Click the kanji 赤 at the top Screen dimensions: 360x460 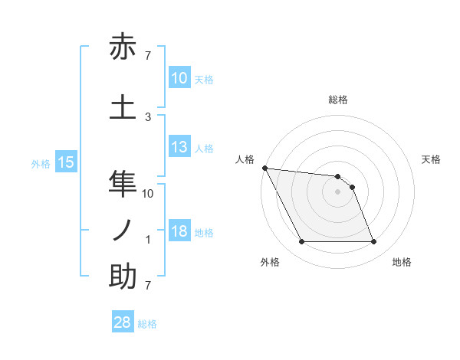click(123, 48)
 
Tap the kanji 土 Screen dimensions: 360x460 click(123, 105)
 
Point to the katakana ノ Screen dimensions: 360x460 click(123, 230)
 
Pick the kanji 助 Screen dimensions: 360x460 click(123, 277)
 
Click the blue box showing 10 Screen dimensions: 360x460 click(179, 77)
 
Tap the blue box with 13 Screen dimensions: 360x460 click(179, 148)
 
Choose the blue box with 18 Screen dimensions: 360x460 click(179, 232)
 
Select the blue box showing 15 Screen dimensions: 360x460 click(66, 162)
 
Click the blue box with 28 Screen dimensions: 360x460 click(123, 323)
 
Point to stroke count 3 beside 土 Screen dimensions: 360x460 click(148, 116)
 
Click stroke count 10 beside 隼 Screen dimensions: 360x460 click(148, 194)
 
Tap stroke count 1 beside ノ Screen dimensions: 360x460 click(148, 240)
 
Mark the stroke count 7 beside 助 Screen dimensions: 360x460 click(148, 286)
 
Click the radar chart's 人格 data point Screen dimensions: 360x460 click(264, 168)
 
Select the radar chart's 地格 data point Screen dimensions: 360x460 click(373, 242)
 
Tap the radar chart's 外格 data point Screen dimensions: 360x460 click(301, 242)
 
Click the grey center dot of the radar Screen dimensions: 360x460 click(337, 191)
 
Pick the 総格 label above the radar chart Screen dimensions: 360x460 click(337, 100)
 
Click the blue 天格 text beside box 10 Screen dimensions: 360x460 click(204, 79)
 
